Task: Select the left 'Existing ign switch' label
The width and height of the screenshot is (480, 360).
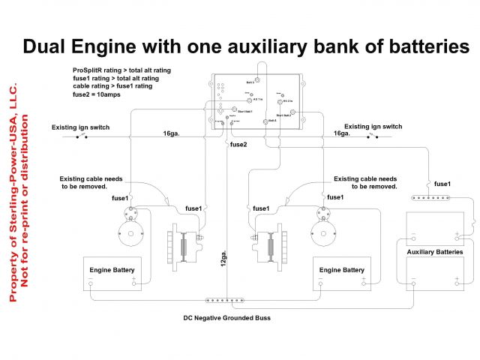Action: pos(80,127)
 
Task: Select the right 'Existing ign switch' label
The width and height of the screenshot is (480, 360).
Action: pos(373,127)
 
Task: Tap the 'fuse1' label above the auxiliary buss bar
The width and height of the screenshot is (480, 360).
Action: pos(442,184)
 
